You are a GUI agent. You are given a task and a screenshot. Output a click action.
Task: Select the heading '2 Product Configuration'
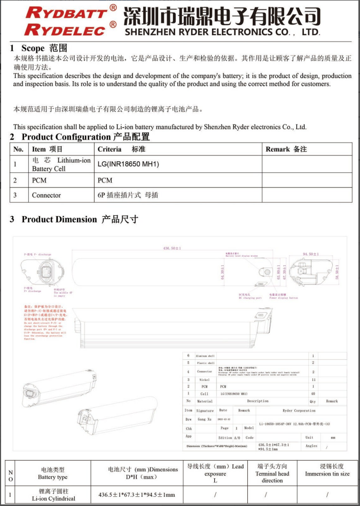click(80, 137)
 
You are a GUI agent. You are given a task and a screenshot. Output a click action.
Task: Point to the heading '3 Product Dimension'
click(74, 219)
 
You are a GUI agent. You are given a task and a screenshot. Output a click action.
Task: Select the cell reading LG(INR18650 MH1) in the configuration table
click(129, 164)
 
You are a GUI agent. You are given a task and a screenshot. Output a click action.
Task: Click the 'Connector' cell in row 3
click(46, 195)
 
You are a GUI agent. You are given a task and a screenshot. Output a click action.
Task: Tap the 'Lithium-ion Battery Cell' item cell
click(61, 164)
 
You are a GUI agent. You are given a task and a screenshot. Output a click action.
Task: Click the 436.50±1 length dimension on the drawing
click(172, 248)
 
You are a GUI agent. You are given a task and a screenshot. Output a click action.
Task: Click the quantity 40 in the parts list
click(313, 393)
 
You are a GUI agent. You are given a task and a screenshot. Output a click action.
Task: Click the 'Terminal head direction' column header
click(272, 473)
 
